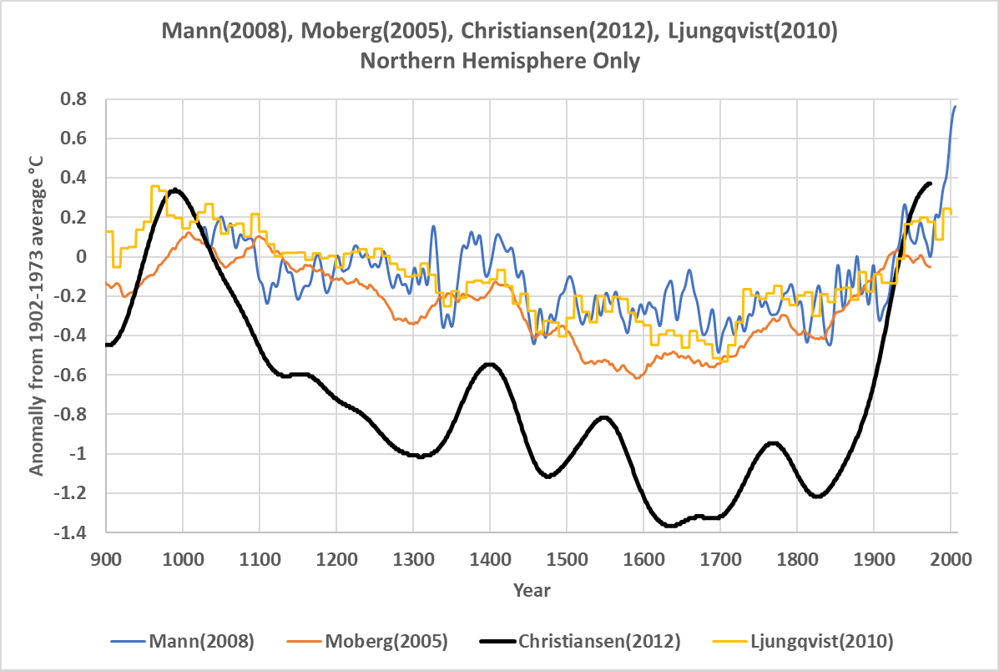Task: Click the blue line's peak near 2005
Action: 955,106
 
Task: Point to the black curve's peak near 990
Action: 174,189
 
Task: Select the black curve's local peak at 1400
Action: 490,364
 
